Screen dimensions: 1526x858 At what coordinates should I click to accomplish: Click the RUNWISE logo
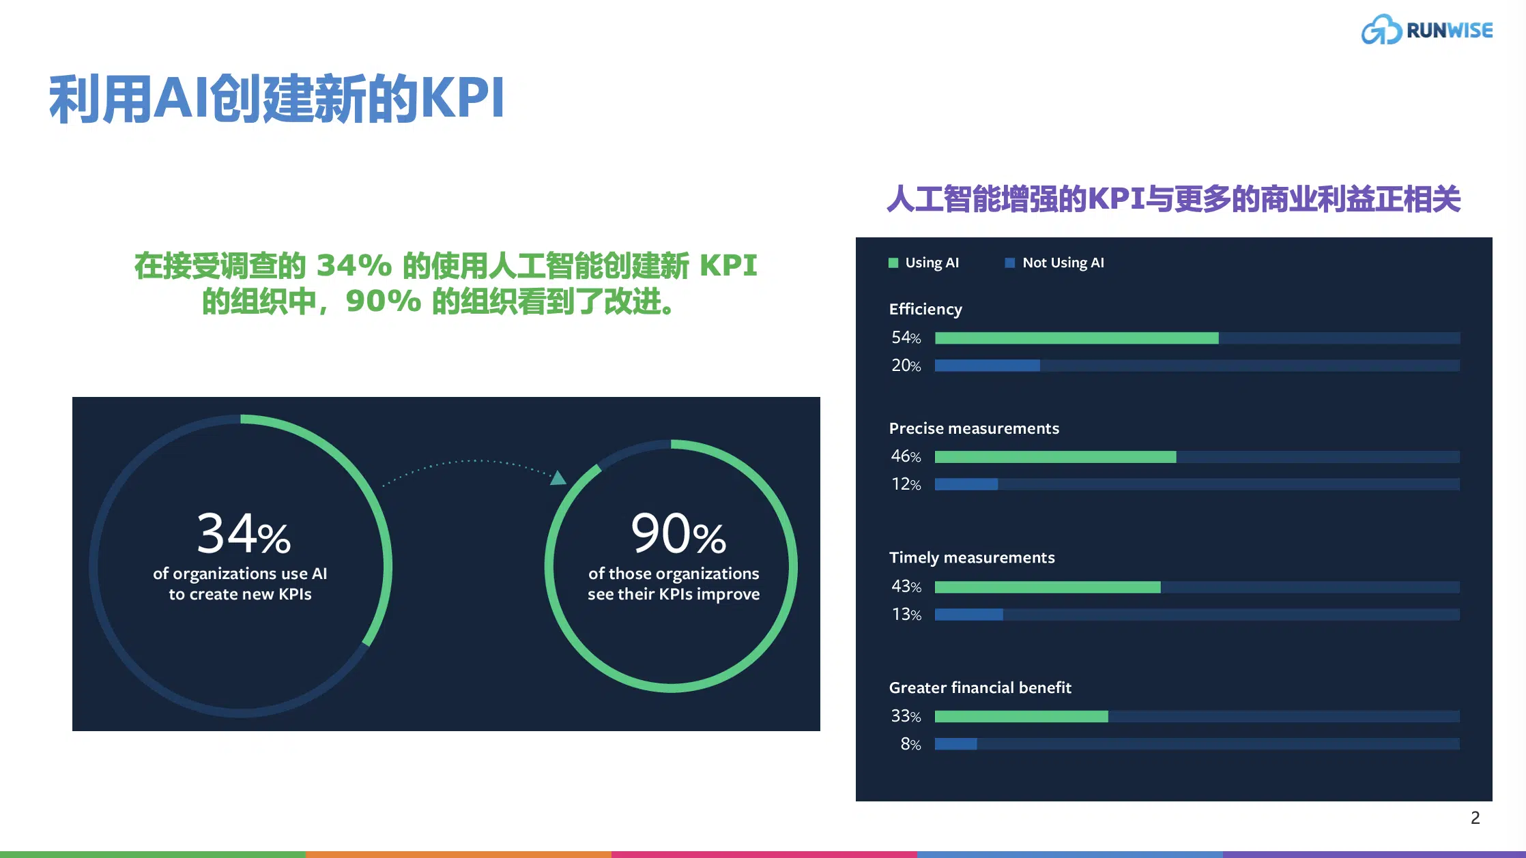(x=1427, y=29)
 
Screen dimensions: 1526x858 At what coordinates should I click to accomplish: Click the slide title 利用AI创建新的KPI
(x=277, y=99)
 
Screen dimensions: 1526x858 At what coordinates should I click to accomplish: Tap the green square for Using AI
(x=893, y=263)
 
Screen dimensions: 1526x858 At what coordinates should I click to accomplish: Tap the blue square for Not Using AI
(x=1010, y=263)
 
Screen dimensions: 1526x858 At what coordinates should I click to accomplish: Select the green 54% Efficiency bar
(x=1076, y=338)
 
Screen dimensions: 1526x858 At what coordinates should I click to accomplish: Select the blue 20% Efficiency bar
(x=987, y=366)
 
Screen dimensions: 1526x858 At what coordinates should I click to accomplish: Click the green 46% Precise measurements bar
(x=1055, y=456)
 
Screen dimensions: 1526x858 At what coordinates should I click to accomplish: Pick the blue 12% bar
(x=966, y=484)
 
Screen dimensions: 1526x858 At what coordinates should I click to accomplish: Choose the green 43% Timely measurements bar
(x=1048, y=587)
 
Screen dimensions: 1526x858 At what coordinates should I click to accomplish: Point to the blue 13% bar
(x=969, y=615)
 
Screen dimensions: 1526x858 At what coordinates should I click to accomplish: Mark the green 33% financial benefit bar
(x=1021, y=716)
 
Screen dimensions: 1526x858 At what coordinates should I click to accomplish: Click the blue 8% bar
(x=955, y=744)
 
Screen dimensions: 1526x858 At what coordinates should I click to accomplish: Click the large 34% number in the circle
(x=244, y=533)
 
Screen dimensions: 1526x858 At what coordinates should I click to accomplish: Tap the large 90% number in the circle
(x=678, y=533)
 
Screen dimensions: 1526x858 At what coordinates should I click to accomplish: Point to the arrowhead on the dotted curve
(x=559, y=477)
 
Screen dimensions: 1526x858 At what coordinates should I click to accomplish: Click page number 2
(x=1475, y=818)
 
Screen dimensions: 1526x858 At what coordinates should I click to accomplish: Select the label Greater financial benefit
(x=980, y=687)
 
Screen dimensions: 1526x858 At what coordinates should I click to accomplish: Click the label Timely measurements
(x=972, y=558)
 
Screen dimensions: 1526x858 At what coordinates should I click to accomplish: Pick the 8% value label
(x=910, y=744)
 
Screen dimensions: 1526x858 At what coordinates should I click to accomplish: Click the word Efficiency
(x=925, y=310)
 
